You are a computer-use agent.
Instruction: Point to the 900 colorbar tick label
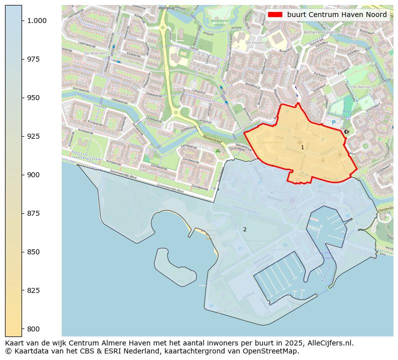(x=34, y=175)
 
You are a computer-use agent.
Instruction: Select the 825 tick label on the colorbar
(x=34, y=290)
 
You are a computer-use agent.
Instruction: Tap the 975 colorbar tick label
(x=34, y=59)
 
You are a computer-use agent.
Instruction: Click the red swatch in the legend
(x=275, y=15)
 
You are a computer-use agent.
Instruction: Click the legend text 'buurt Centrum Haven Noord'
(x=337, y=15)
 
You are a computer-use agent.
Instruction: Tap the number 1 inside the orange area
(x=302, y=148)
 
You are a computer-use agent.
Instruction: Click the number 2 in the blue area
(x=245, y=229)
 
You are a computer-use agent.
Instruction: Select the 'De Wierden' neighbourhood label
(x=93, y=53)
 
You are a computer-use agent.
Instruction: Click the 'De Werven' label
(x=360, y=87)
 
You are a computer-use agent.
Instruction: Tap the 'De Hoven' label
(x=255, y=43)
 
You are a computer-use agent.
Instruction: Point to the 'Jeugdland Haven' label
(x=220, y=22)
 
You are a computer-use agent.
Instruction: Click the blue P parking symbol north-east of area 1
(x=333, y=122)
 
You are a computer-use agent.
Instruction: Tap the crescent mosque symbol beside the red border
(x=346, y=132)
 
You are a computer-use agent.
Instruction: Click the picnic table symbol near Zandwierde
(x=217, y=150)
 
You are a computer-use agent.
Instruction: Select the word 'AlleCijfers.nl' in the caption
(x=329, y=343)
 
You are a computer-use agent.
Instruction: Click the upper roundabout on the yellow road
(x=162, y=28)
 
